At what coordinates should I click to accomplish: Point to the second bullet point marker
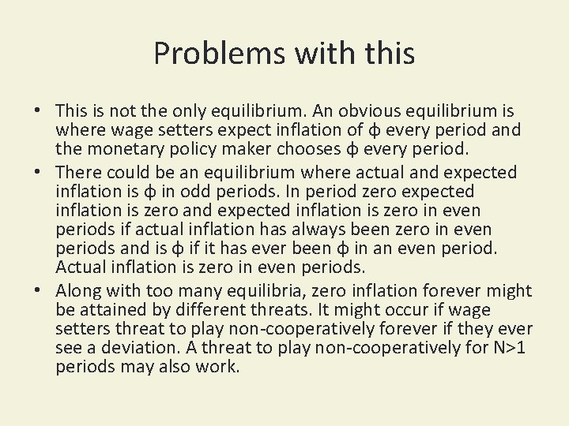tap(38, 173)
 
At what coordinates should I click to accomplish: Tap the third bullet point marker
tap(38, 292)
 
